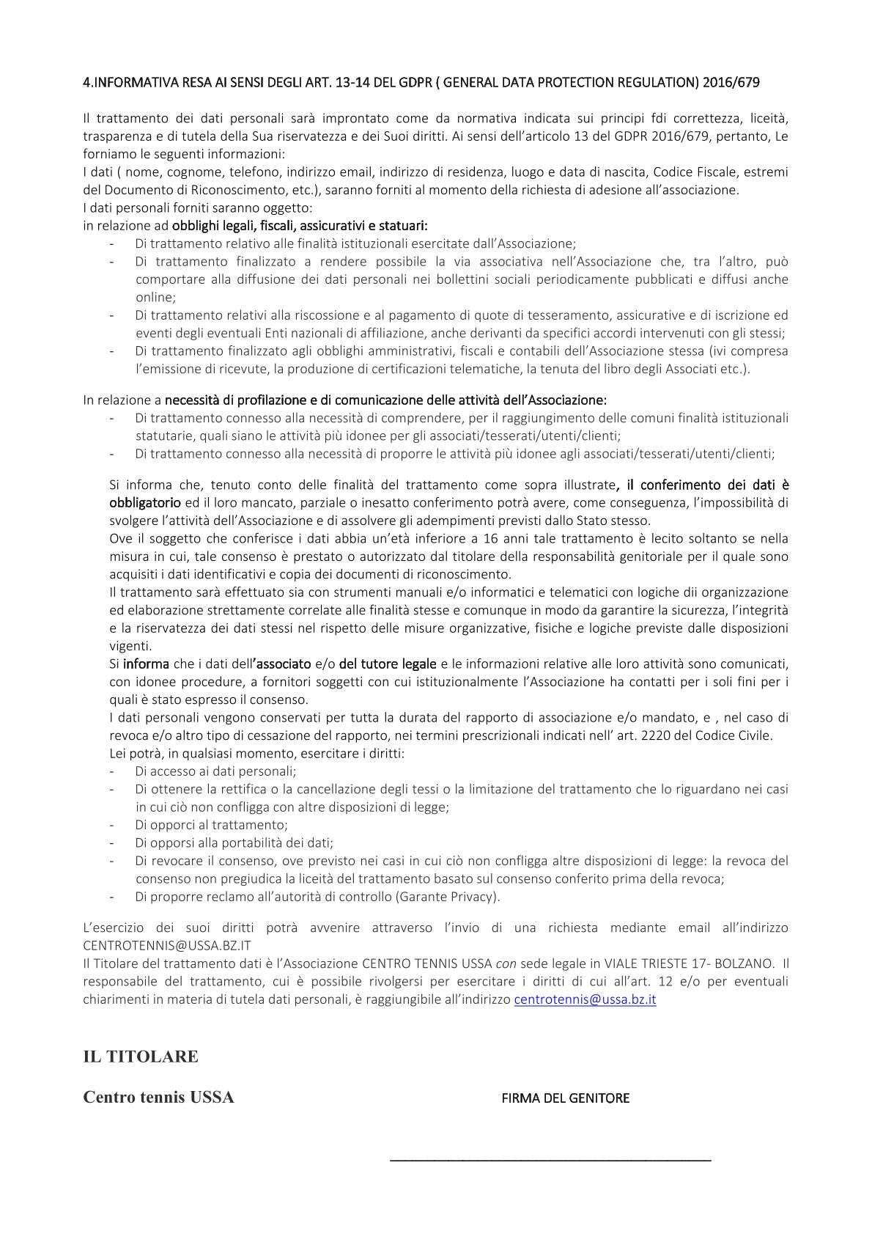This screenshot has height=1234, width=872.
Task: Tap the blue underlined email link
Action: coord(585,999)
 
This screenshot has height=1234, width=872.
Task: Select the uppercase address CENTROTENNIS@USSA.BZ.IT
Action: coord(167,946)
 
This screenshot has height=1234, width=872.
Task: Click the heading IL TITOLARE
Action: coord(141,1057)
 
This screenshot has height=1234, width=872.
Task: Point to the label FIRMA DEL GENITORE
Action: coord(565,1098)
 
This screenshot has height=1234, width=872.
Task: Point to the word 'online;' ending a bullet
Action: coord(155,298)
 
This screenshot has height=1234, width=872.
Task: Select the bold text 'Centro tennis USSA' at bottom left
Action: coord(158,1098)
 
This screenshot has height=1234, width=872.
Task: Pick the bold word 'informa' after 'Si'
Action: coord(146,664)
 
